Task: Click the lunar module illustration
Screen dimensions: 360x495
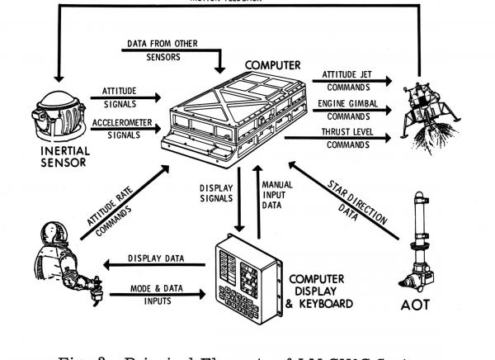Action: pos(427,105)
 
